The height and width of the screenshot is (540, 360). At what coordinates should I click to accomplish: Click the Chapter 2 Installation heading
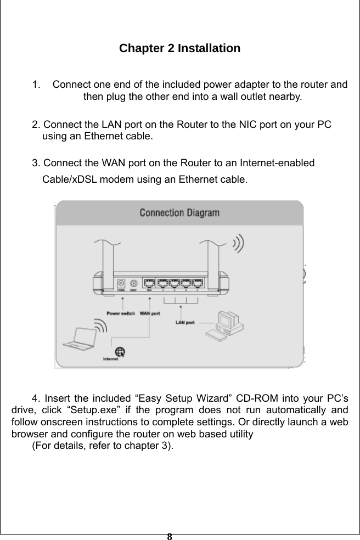coord(179,48)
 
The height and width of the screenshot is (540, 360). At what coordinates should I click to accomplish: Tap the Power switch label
coord(120,313)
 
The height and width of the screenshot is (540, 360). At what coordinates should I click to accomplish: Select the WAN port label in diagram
coord(150,313)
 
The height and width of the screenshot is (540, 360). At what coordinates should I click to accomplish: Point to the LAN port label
coord(185,322)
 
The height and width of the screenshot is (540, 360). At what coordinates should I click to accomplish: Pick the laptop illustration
coord(78,337)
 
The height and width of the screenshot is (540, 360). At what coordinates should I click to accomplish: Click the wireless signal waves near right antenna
coord(239,243)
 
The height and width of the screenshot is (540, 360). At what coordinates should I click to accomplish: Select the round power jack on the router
coord(133,284)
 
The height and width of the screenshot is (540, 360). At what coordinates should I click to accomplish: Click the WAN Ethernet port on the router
coord(149,283)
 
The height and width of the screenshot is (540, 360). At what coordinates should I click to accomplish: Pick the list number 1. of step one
coord(36,86)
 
